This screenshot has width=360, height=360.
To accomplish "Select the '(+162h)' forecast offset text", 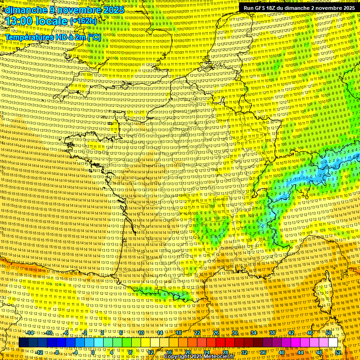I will click(83, 21).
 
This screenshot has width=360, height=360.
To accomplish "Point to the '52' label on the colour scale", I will click(338, 352).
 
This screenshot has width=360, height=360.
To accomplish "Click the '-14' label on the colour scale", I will click(30, 333).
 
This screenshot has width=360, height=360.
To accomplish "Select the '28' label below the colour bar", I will click(225, 352).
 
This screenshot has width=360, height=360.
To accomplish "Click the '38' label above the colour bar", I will click(272, 333).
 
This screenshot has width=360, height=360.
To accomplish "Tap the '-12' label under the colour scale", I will click(39, 352).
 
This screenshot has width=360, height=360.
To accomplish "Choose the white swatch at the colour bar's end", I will click(333, 343).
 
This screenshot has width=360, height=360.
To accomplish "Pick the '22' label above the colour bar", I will click(197, 333).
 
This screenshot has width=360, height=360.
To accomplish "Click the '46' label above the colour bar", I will click(310, 333).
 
